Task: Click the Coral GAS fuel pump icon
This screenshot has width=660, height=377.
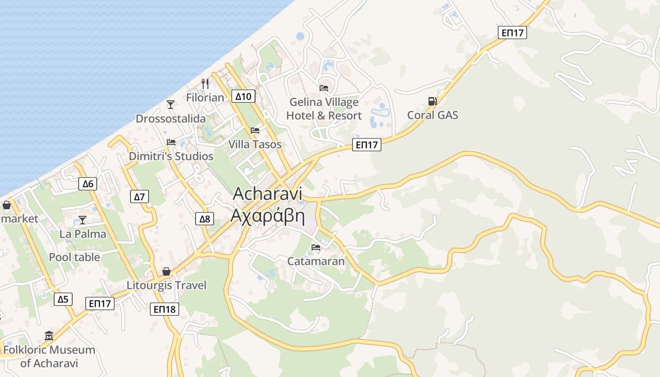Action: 432,101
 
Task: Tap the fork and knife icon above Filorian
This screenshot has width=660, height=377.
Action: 205,84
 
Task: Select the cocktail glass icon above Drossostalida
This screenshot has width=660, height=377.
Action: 171,104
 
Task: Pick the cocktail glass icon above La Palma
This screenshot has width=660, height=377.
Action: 82,220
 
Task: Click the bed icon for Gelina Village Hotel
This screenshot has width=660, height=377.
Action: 324,88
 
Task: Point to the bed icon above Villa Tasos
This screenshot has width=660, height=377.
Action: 255,130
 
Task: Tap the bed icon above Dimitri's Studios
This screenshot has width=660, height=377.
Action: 171,142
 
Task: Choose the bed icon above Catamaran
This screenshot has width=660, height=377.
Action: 316,247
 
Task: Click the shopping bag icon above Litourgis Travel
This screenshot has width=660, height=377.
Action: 166,271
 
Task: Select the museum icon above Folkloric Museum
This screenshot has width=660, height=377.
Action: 49,336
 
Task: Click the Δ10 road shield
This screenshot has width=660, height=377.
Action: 243,97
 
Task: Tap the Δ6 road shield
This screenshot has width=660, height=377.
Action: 88,184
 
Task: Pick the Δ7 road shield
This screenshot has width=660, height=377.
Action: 140,197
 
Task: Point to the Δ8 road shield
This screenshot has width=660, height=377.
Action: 205,219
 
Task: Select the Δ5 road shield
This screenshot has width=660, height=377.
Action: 63,299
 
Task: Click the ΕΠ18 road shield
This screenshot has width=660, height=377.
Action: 165,309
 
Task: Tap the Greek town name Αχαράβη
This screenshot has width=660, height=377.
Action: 267,215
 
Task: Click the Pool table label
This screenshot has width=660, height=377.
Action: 74,257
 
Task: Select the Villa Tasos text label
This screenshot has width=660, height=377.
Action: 255,144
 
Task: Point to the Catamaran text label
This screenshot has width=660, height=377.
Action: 316,261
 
